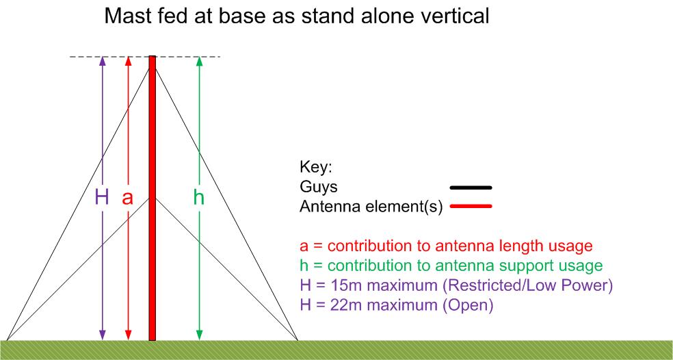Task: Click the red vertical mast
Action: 153,198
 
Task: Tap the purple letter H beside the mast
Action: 102,198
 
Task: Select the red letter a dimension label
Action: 127,199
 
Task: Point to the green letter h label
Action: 199,198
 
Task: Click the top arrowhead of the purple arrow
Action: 102,61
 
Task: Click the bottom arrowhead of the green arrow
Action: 199,335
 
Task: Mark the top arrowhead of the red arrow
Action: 127,61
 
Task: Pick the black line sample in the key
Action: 471,188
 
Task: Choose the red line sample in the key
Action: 471,207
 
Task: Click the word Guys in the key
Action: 319,188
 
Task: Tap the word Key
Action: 316,168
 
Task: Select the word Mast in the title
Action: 127,16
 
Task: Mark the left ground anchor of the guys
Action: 7,340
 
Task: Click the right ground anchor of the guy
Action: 298,340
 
